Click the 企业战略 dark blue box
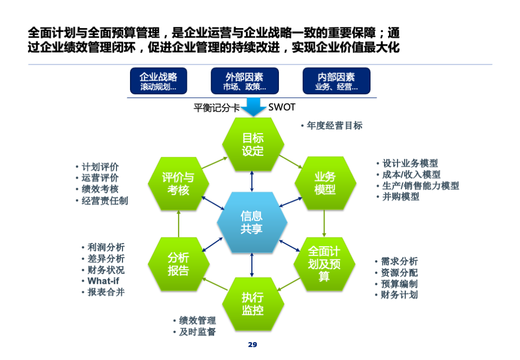(159, 81)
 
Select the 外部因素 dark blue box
(245, 81)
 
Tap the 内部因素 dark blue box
(336, 81)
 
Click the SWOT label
(282, 107)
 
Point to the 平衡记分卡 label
(217, 108)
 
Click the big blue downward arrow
(253, 107)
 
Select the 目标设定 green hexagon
(253, 145)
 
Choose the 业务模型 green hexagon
(325, 184)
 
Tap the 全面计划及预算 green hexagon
(324, 264)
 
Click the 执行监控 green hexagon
(253, 304)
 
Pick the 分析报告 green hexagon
(178, 264)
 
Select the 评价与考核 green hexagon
(178, 184)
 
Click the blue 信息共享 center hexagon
(252, 222)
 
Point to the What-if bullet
(103, 281)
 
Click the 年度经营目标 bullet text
(334, 126)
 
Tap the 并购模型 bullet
(401, 197)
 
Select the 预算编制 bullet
(399, 284)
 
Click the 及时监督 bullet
(197, 332)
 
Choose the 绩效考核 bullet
(100, 189)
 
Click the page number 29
(252, 345)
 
